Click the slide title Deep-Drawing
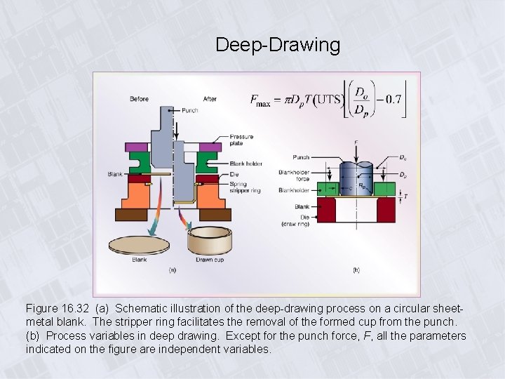pyautogui.click(x=278, y=45)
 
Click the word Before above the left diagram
pyautogui.click(x=139, y=99)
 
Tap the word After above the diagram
pyautogui.click(x=210, y=99)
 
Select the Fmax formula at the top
pyautogui.click(x=326, y=100)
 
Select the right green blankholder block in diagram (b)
pyautogui.click(x=384, y=189)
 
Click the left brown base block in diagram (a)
pyautogui.click(x=131, y=214)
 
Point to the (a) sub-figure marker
pyautogui.click(x=173, y=270)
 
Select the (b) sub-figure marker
pyautogui.click(x=356, y=270)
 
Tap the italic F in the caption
pyautogui.click(x=368, y=335)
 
